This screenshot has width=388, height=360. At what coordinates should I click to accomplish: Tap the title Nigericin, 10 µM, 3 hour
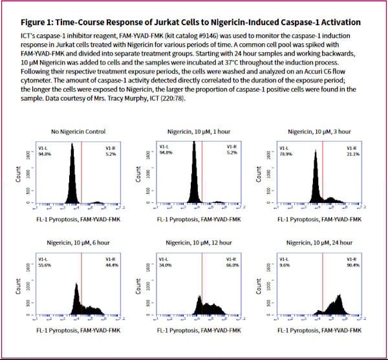click(x=315, y=131)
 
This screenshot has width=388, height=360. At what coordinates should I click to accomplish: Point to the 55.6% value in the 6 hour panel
click(x=45, y=265)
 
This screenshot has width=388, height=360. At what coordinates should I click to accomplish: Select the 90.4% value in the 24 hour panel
click(x=353, y=265)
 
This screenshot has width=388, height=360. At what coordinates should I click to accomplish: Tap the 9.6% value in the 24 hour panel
click(x=283, y=265)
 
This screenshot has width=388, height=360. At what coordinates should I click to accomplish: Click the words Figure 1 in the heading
click(x=39, y=23)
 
